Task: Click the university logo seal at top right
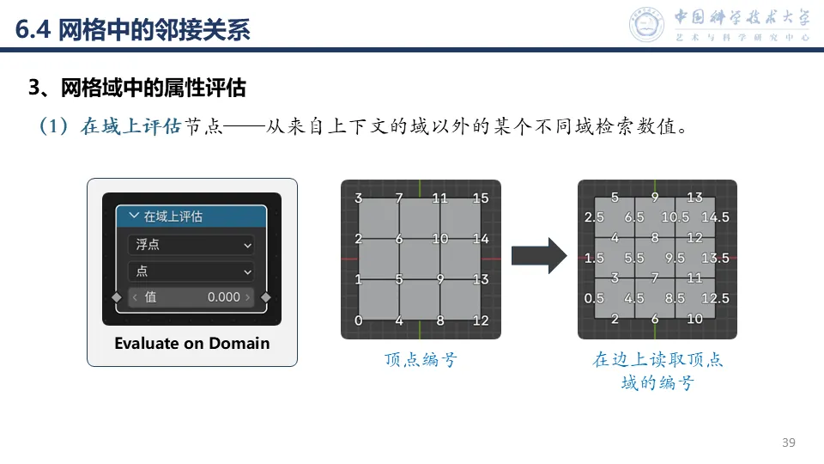point(648,25)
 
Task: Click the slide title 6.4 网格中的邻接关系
point(133,31)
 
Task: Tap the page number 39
point(789,443)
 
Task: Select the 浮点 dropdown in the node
point(191,245)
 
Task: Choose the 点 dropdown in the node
point(191,272)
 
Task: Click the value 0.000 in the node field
point(223,297)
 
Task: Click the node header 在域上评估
point(191,217)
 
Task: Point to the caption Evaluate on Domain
point(191,344)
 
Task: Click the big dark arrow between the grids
point(539,255)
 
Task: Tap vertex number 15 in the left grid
point(481,198)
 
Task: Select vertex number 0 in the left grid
point(358,321)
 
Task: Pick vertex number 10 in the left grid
point(440,239)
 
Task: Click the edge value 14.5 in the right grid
point(714,217)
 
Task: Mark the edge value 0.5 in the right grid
point(594,299)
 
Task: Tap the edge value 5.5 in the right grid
point(634,258)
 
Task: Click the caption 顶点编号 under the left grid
point(421,360)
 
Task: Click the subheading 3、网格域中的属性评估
point(137,88)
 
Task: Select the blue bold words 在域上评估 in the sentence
point(130,127)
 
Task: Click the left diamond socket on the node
point(118,297)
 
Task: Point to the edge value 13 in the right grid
point(694,198)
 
